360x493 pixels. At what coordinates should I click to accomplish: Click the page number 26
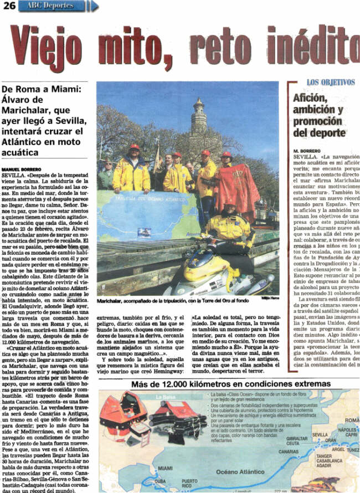[8, 6]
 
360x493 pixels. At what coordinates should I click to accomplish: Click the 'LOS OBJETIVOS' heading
[330, 83]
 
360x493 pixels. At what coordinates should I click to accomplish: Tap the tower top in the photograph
[198, 106]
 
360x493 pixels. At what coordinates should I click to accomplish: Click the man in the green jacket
[106, 176]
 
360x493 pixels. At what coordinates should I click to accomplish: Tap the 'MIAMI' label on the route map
[165, 468]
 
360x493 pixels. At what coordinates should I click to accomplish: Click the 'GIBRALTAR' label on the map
[297, 438]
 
